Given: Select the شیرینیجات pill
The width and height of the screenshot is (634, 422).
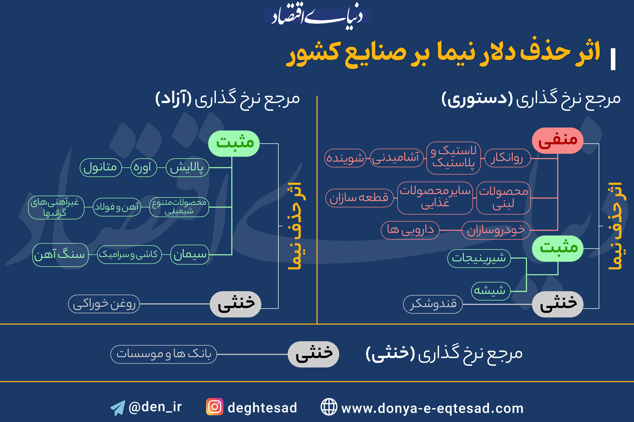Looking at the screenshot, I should point(479,258).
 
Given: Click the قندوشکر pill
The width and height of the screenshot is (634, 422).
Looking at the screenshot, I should point(433,304).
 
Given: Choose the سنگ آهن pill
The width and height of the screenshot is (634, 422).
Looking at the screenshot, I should point(60,255).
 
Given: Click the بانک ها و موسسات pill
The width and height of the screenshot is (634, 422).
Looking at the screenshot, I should point(164,354).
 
